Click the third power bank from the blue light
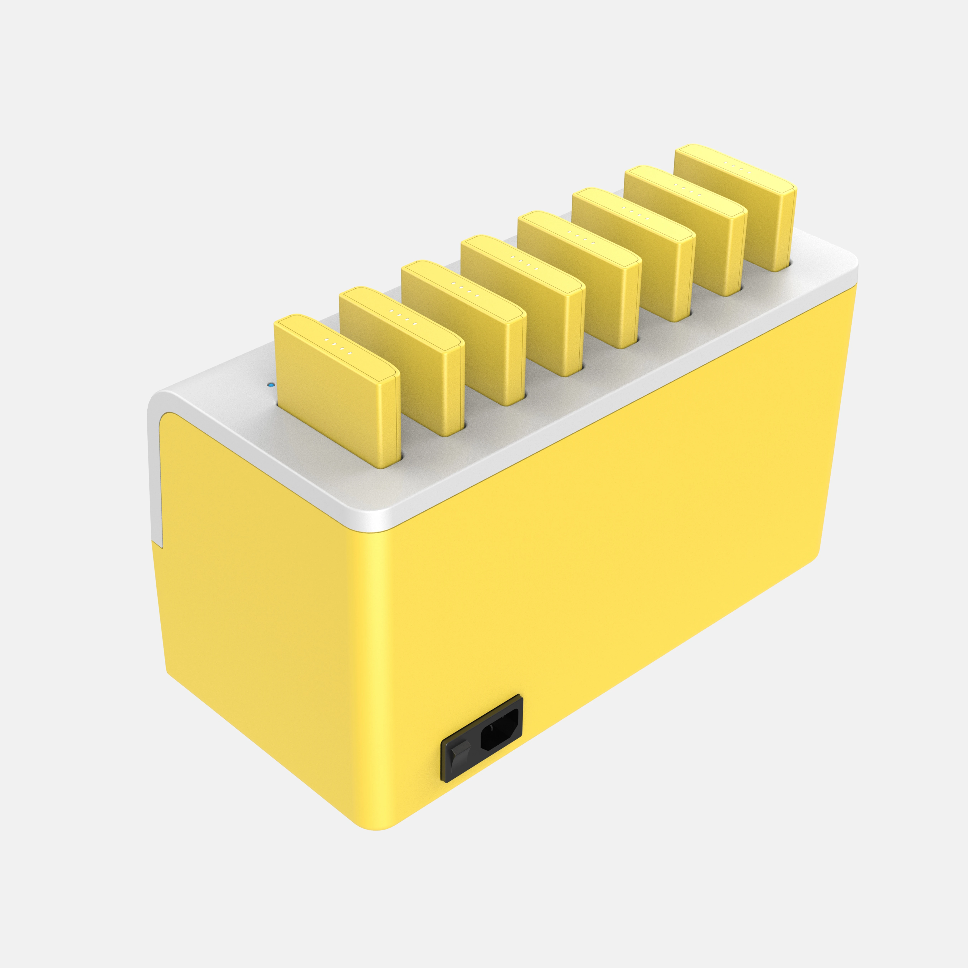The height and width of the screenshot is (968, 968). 464,326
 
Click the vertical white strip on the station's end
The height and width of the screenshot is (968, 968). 154,476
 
